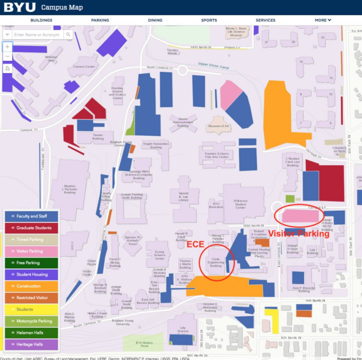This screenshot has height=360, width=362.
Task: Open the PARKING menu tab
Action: click(100, 20)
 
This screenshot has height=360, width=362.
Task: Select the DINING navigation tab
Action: click(155, 20)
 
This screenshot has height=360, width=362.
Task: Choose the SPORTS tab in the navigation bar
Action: click(209, 20)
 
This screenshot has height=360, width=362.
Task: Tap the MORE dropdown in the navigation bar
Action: click(323, 20)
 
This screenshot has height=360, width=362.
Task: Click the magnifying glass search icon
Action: click(68, 35)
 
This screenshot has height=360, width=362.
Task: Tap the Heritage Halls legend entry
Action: click(31, 344)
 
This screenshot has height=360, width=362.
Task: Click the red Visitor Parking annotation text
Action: click(299, 233)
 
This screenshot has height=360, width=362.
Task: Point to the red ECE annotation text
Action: click(195, 245)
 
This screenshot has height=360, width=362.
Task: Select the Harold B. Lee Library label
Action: click(183, 196)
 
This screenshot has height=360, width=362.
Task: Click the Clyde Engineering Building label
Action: click(215, 263)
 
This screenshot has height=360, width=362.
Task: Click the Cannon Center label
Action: click(84, 67)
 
